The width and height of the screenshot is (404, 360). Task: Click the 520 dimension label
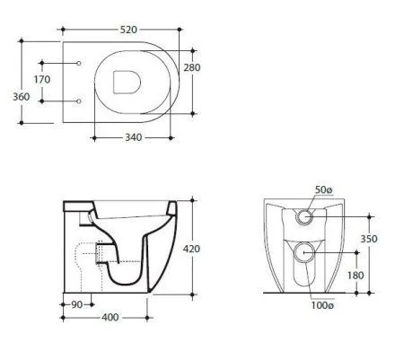(128, 30)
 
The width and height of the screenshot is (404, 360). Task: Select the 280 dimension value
(192, 67)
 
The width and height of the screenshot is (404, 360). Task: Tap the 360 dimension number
(22, 97)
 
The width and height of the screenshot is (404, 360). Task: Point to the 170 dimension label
(42, 80)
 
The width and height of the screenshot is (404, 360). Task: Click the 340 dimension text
(133, 137)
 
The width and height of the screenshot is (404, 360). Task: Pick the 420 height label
(191, 249)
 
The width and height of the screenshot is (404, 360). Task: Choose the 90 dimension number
(77, 304)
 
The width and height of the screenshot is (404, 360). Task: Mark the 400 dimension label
(110, 317)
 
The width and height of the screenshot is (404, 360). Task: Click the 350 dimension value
(369, 239)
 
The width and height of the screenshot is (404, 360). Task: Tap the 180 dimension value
(356, 276)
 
